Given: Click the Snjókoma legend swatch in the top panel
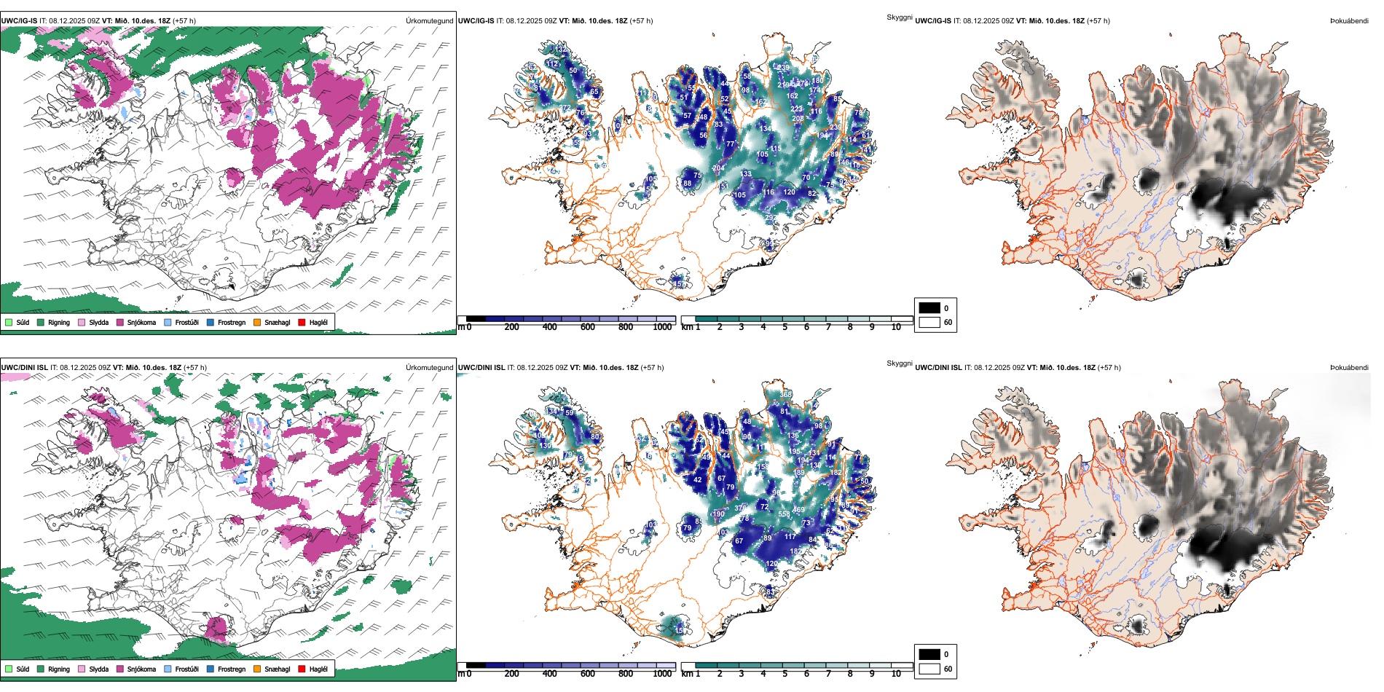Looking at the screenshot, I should pos(119,322).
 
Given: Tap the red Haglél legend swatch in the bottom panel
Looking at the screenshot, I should pos(302,669).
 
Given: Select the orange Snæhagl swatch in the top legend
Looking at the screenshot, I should pos(257,322).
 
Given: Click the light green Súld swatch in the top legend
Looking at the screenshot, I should pos(9,322).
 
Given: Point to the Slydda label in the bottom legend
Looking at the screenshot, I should pos(98,669).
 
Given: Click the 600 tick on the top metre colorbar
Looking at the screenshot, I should pos(587,327).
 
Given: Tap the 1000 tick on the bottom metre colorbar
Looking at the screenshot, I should pos(662,674).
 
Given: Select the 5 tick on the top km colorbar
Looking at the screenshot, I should pos(785,327).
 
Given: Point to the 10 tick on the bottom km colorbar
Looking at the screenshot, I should pos(896,674).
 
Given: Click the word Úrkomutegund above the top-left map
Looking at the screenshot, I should pos(429,20).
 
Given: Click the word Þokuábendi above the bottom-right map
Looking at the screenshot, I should pos(1349,367).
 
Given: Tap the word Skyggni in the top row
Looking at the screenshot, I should pos(899,17).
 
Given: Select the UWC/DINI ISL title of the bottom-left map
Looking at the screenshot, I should pos(24,367).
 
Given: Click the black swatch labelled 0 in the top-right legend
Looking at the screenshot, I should pos(929,308).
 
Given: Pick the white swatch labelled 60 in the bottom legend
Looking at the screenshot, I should pos(929,669).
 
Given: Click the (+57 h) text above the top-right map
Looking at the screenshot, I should pos(1098,20).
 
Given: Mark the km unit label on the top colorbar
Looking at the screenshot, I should pos(687,327).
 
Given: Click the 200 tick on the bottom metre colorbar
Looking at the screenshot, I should pos(511,674).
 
